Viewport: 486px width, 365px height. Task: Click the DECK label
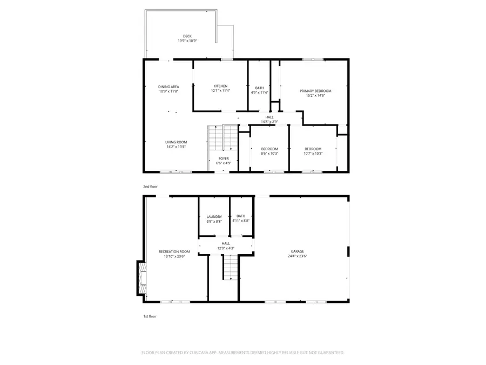(187, 36)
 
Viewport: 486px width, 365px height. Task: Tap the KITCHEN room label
(220, 86)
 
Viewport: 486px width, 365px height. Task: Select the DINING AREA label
(168, 87)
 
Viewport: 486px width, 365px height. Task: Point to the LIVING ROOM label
(176, 142)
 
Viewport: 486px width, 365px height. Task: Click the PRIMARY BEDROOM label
(315, 91)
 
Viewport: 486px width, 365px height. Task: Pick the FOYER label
(223, 158)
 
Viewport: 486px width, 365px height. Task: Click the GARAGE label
(298, 251)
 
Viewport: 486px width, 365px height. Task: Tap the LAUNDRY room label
(214, 217)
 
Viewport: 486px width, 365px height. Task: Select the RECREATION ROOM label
(174, 251)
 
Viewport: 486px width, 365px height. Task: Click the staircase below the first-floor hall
(231, 267)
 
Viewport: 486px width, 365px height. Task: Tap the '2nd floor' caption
(150, 187)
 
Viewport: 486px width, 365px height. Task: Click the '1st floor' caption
(149, 316)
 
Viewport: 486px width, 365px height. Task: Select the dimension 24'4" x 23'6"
(298, 256)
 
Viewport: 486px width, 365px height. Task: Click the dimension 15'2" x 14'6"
(315, 96)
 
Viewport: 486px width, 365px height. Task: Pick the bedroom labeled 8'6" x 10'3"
(269, 151)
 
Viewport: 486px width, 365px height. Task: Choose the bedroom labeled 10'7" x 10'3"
(313, 151)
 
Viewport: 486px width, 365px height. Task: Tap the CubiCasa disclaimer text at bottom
(242, 353)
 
